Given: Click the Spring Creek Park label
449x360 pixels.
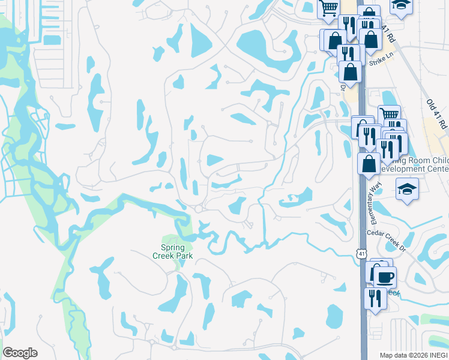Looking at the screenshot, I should click(x=176, y=251).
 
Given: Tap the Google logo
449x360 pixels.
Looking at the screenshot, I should click(x=20, y=353).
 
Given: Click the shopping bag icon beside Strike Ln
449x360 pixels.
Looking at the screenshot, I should click(x=350, y=71).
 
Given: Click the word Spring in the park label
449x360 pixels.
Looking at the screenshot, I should click(x=172, y=247).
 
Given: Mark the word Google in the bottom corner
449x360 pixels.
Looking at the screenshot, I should click(x=20, y=353).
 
